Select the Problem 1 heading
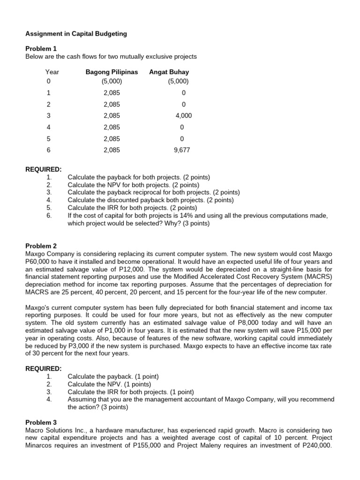point(40,49)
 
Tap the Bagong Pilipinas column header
point(112,72)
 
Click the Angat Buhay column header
point(169,72)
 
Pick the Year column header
point(52,72)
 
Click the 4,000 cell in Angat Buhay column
point(183,116)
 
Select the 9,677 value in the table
point(182,150)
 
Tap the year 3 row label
point(48,116)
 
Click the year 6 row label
point(48,150)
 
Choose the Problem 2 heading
point(41,246)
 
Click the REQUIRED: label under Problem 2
point(43,369)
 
